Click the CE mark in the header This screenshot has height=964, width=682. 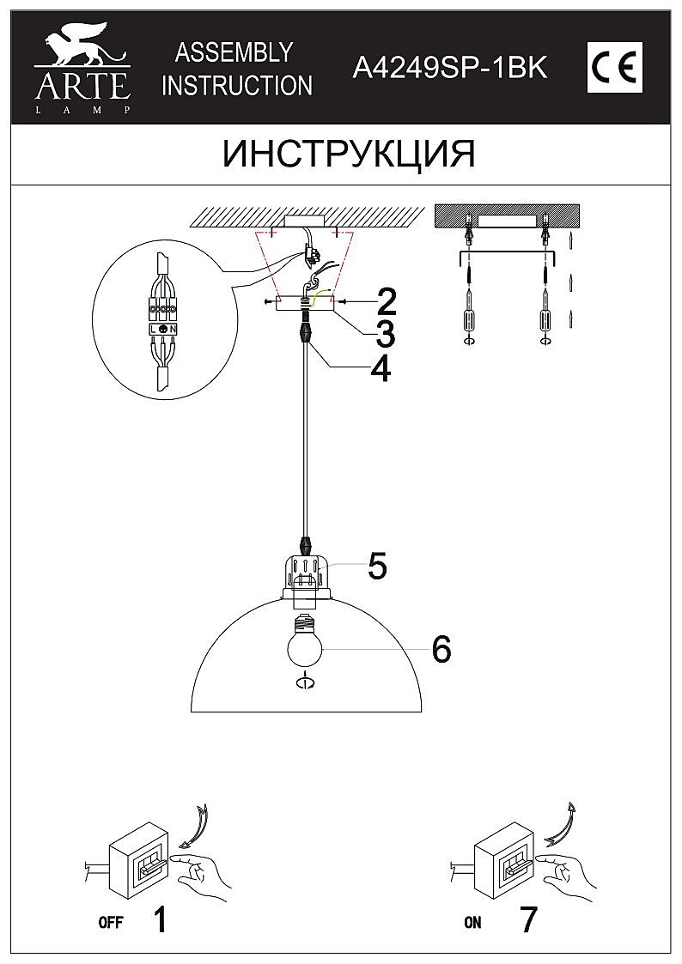pos(614,67)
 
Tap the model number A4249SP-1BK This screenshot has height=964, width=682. pos(450,68)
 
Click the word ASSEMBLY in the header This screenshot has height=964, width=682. pos(234,52)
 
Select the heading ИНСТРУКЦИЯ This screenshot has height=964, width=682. pos(348,155)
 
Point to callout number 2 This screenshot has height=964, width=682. pos(386,301)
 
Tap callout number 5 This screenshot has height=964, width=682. pos(377,565)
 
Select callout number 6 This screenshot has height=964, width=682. pos(441,650)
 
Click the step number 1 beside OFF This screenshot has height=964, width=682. pos(159,920)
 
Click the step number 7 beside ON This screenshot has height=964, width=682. pos(528,920)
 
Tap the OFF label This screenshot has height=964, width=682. pos(110,924)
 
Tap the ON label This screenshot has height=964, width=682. pos(472,924)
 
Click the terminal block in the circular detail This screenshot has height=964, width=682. pos(163,318)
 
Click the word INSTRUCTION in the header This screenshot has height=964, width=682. pos(237,85)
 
